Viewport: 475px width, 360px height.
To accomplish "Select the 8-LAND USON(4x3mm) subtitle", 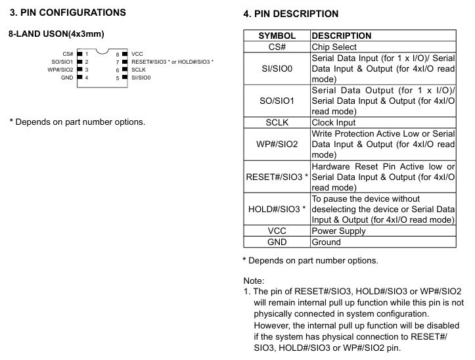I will (57, 34).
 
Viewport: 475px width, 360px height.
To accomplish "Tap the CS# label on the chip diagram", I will (68, 53).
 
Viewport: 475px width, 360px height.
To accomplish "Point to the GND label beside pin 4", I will (66, 78).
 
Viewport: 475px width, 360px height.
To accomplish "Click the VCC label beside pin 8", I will (137, 53).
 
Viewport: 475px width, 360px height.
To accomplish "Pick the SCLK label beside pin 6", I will (139, 69).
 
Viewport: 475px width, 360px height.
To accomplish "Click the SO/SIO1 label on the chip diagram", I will (62, 61).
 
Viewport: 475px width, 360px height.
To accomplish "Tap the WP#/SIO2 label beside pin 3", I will (60, 69).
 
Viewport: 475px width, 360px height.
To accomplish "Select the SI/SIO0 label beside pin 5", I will (141, 78).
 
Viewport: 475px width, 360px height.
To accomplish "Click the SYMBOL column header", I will (277, 36).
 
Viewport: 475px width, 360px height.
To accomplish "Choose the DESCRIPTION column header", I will (342, 36).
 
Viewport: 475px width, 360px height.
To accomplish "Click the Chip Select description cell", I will (335, 47).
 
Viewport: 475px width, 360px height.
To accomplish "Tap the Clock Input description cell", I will (335, 122).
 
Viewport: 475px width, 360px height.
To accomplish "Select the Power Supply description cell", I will (339, 231).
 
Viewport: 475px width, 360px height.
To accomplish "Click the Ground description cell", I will (327, 242).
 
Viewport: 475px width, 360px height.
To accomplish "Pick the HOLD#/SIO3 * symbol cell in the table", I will (276, 209).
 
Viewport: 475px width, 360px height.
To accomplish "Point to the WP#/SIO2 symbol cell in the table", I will (277, 143).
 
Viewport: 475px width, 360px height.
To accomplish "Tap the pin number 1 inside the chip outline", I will (86, 53).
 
